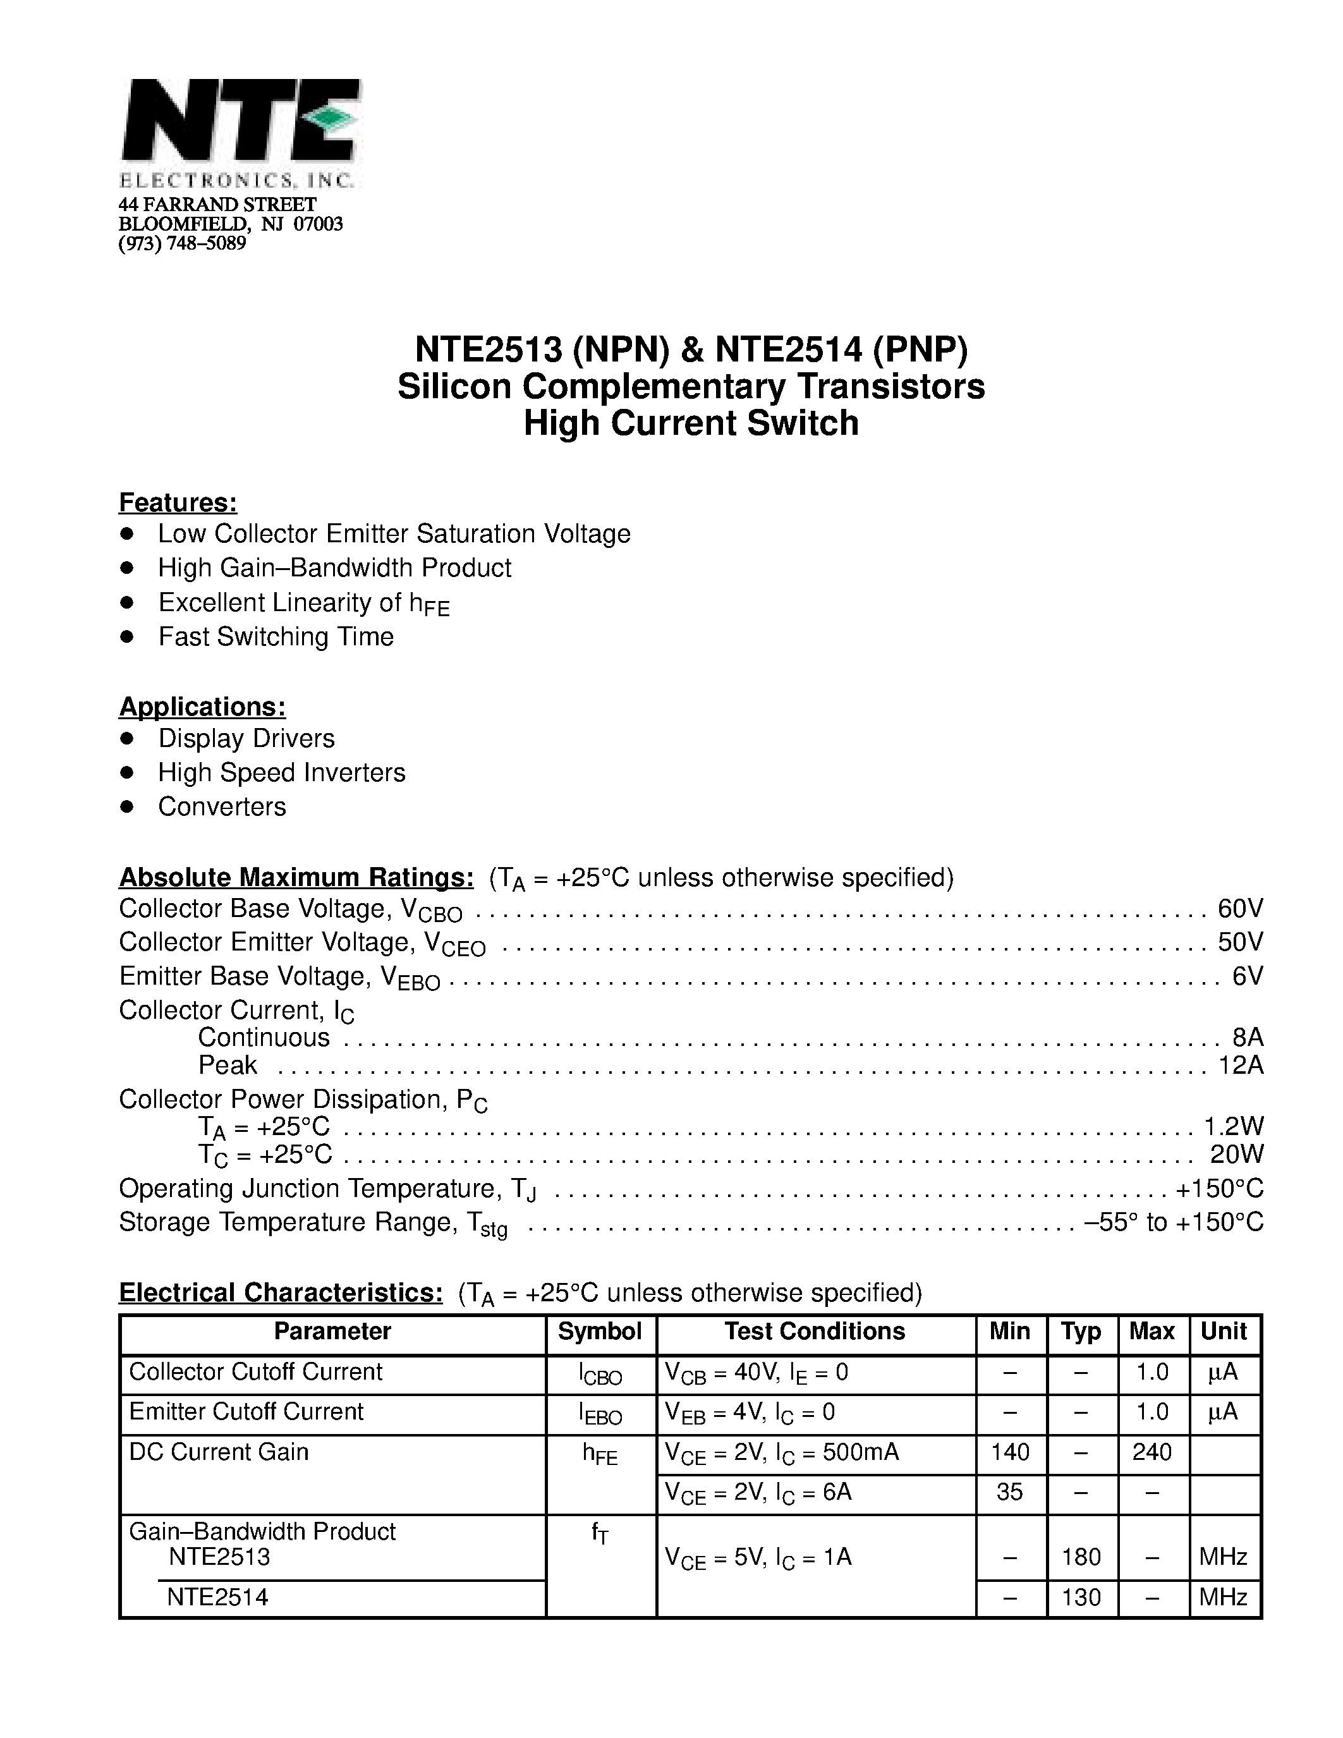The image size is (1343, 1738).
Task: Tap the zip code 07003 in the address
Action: pyautogui.click(x=319, y=224)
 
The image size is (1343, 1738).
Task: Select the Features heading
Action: pyautogui.click(x=178, y=503)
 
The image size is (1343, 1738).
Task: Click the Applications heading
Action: pyautogui.click(x=202, y=707)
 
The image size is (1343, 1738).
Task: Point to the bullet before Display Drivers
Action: pyautogui.click(x=126, y=738)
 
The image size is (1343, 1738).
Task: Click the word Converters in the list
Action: pyautogui.click(x=222, y=807)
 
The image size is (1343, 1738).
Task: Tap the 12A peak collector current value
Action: pyautogui.click(x=1241, y=1065)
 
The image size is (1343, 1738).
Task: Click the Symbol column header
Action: pyautogui.click(x=599, y=1332)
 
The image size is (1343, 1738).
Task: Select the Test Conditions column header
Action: pyautogui.click(x=814, y=1332)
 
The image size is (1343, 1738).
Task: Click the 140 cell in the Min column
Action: pyautogui.click(x=1010, y=1452)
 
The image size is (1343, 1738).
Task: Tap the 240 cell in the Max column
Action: pyautogui.click(x=1152, y=1452)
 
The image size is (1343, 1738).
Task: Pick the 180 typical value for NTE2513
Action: pyautogui.click(x=1081, y=1557)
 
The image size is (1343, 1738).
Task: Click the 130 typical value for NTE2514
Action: pyautogui.click(x=1081, y=1597)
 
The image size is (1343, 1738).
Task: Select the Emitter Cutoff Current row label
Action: pyautogui.click(x=246, y=1412)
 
